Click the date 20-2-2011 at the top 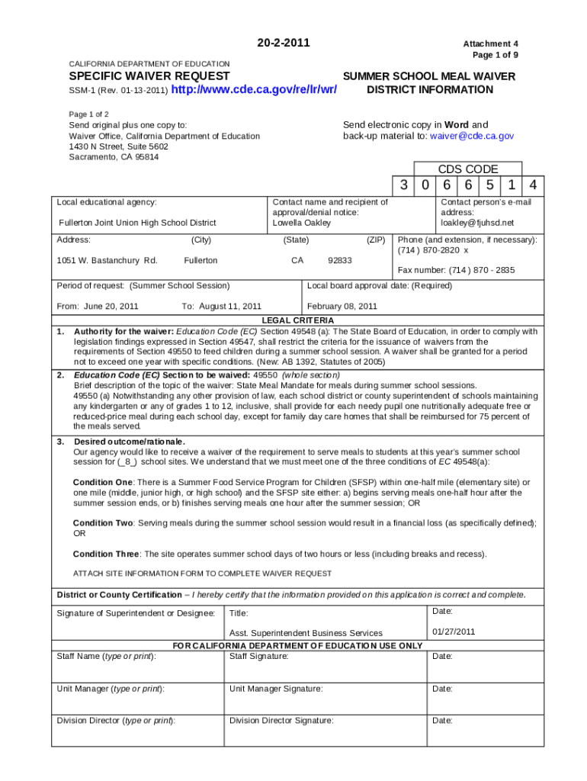click(x=284, y=43)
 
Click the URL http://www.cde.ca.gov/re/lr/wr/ click(x=255, y=91)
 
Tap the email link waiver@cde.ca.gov click(x=471, y=136)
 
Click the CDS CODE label click(x=467, y=169)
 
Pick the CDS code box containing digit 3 click(x=403, y=185)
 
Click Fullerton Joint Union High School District click(x=137, y=223)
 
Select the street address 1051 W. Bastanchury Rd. click(x=107, y=260)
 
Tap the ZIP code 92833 click(x=339, y=260)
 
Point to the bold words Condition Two click(x=103, y=522)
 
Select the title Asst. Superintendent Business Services click(x=306, y=633)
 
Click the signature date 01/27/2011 click(x=454, y=632)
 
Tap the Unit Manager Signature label click(x=276, y=689)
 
